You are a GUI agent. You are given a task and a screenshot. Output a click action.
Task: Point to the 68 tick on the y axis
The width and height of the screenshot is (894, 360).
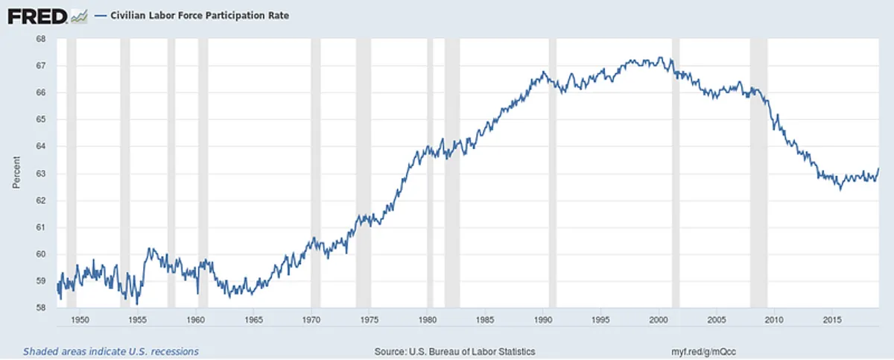tap(42, 39)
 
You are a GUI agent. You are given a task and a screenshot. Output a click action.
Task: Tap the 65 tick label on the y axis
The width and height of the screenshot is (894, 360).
tap(42, 119)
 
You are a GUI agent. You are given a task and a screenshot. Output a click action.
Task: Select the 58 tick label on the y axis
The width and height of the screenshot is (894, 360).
tap(42, 308)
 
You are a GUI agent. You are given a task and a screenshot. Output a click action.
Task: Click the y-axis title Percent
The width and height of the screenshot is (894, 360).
tap(16, 173)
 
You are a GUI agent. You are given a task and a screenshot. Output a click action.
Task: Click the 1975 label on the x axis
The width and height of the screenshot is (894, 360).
tap(370, 320)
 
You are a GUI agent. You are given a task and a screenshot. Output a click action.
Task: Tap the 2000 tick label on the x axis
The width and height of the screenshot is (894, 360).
tap(659, 320)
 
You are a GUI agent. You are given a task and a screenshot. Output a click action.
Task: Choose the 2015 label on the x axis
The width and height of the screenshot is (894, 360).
tap(832, 320)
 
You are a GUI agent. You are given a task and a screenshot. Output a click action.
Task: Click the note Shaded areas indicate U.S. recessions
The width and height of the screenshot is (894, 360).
tap(111, 351)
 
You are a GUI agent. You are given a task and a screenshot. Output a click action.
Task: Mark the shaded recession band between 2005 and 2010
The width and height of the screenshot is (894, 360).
tap(758, 171)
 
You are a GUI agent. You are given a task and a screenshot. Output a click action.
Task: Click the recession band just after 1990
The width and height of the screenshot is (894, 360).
tap(552, 171)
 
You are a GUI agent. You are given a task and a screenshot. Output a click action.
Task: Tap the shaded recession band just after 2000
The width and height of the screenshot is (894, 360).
tap(676, 171)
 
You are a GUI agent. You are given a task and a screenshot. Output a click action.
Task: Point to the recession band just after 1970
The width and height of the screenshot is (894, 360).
tap(316, 171)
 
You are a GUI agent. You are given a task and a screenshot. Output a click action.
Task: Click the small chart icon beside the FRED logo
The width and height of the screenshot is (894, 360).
tap(78, 15)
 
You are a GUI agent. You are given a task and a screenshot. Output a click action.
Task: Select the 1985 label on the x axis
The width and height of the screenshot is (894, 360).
tap(485, 320)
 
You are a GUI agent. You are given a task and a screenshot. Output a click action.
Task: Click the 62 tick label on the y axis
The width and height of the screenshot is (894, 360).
tap(42, 200)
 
